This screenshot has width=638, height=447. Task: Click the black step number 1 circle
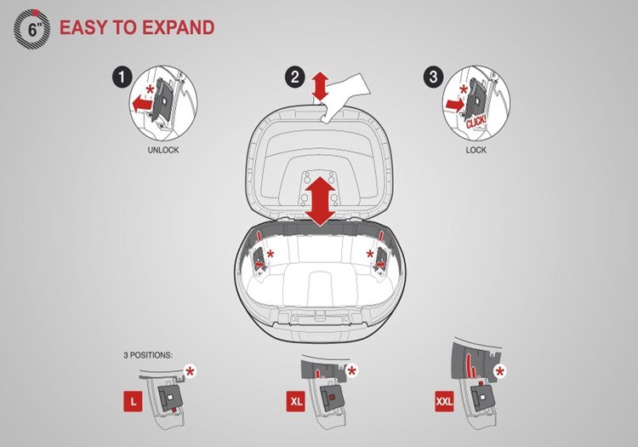(122, 77)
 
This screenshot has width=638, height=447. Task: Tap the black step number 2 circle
(295, 77)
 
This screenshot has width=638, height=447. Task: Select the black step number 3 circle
(433, 77)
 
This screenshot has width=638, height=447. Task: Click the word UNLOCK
(163, 150)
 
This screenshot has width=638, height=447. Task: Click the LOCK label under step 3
(476, 150)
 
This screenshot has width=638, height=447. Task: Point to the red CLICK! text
(476, 122)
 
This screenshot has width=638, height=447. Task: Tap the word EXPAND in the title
(179, 28)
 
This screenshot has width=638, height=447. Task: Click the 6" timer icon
(32, 29)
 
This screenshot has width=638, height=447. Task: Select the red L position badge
(133, 401)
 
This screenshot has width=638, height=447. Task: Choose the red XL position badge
(296, 401)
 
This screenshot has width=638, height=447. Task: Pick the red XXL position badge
(444, 401)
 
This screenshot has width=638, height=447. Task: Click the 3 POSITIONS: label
(148, 355)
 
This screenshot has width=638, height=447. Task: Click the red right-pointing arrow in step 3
(455, 105)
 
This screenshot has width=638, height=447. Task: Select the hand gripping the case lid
(345, 98)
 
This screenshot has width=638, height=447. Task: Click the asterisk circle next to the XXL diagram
(499, 371)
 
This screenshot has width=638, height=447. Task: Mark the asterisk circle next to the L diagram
(190, 371)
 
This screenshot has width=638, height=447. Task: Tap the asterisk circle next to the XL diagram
(352, 371)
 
